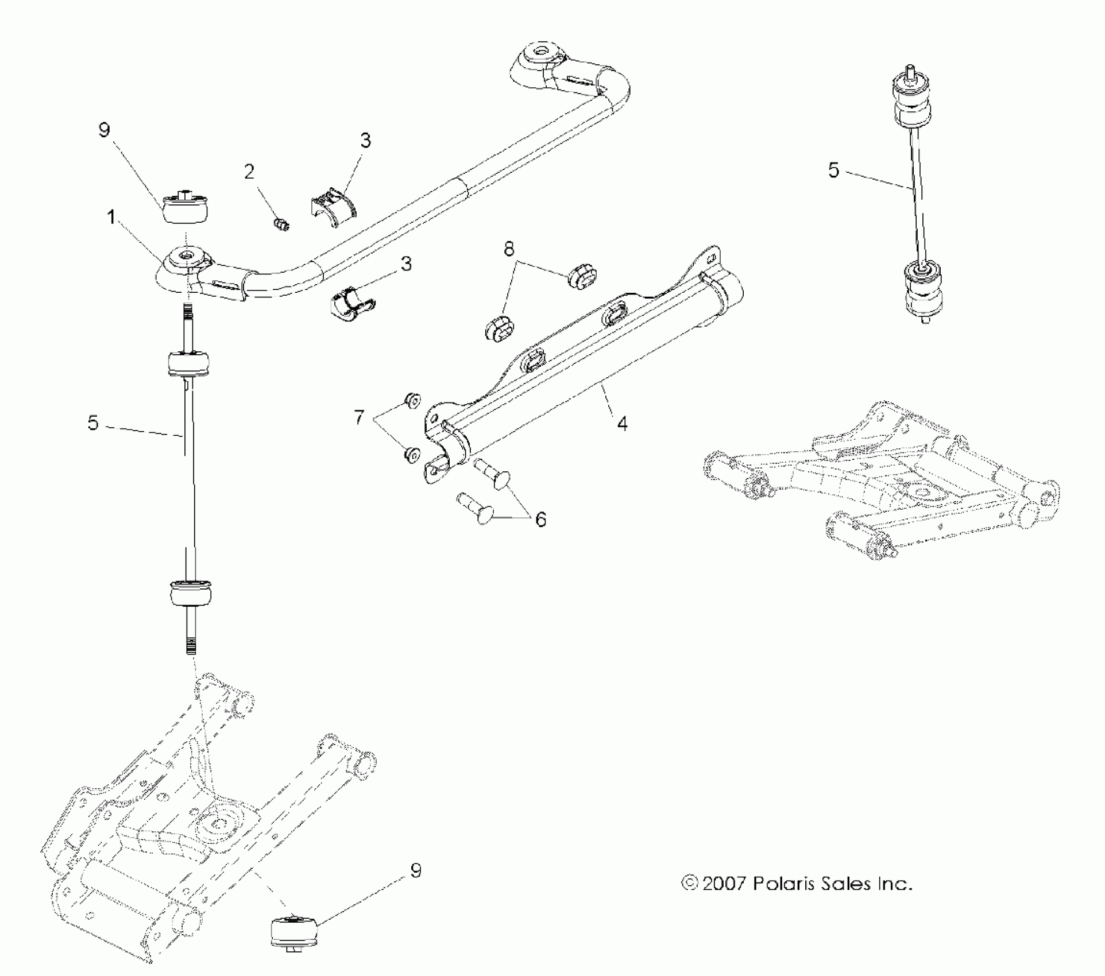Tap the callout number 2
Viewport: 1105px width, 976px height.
[x=249, y=172]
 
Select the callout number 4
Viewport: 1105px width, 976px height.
[x=622, y=424]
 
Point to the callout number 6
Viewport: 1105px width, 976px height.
[x=540, y=520]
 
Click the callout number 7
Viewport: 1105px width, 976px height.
[x=359, y=417]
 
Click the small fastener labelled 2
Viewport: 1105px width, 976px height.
[x=282, y=224]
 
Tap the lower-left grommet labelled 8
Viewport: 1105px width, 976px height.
[x=497, y=326]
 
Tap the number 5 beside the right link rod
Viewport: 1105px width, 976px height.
[x=834, y=171]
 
